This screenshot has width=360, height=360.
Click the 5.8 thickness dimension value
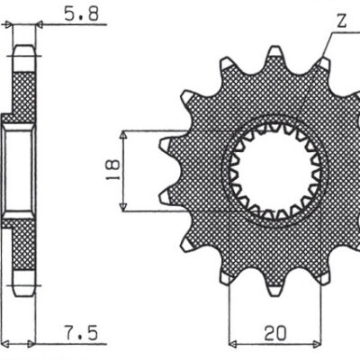(x=64, y=14)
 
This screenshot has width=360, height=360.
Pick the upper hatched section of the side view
(x=25, y=90)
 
